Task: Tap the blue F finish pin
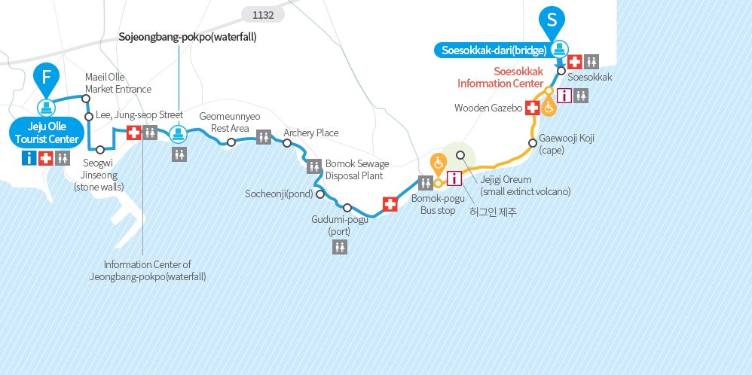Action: point(46,78)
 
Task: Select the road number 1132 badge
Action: point(262,14)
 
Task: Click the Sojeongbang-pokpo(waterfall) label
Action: point(188,36)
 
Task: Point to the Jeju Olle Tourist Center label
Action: point(47,131)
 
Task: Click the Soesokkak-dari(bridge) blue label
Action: point(490,51)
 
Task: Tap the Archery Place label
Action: point(310,133)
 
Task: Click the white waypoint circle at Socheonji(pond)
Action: point(320,194)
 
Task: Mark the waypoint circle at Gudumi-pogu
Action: point(347,208)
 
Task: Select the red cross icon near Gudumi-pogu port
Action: point(390,204)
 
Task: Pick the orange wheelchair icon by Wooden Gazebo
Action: point(550,108)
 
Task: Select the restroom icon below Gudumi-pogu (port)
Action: point(341,247)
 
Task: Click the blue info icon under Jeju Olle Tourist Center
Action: point(29,157)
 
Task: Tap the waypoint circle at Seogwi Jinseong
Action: point(100,150)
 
